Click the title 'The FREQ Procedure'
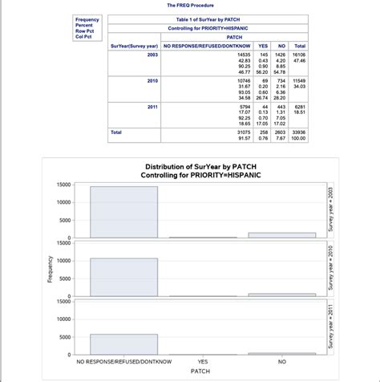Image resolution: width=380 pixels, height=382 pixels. click(x=190, y=6)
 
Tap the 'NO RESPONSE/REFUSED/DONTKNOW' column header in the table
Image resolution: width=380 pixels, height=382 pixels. click(x=208, y=46)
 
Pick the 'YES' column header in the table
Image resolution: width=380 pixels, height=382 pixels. click(x=264, y=46)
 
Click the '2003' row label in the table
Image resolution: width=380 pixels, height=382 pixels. click(x=152, y=54)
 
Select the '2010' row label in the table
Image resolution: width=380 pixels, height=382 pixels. click(x=152, y=81)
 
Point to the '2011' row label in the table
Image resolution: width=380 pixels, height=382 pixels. click(x=152, y=107)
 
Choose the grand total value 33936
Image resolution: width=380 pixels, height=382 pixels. click(x=301, y=132)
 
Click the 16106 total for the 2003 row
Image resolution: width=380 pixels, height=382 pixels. click(x=301, y=54)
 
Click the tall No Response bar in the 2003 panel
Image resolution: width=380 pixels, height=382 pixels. click(x=123, y=212)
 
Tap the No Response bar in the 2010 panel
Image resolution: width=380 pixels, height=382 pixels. click(x=123, y=278)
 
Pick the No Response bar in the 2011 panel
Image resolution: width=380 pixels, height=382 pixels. click(x=123, y=344)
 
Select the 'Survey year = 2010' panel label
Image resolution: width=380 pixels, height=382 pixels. click(x=329, y=269)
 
